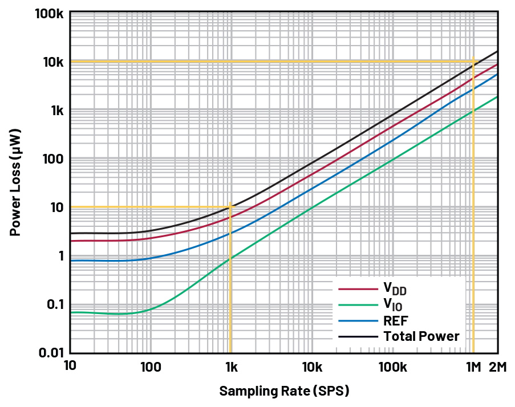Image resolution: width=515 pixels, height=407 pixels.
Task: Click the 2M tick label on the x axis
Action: tap(498, 368)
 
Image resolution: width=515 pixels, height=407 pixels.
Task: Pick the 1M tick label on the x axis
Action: tap(473, 368)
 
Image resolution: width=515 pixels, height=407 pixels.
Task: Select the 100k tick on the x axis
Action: tap(392, 368)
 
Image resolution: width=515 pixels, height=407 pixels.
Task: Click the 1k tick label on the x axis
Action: tap(230, 368)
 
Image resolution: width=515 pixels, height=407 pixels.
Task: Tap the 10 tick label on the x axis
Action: tap(70, 368)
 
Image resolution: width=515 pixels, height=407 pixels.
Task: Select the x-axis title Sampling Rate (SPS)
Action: tap(284, 391)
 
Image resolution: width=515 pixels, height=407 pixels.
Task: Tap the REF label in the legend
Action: tap(396, 320)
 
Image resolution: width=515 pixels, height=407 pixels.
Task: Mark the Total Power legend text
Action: tap(421, 336)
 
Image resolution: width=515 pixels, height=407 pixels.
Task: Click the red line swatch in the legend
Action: tap(358, 290)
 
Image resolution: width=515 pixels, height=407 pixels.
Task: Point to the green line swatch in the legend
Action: tap(358, 305)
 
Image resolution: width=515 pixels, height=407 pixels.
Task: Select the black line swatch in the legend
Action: tap(358, 336)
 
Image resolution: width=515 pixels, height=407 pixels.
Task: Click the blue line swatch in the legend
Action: tap(358, 320)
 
